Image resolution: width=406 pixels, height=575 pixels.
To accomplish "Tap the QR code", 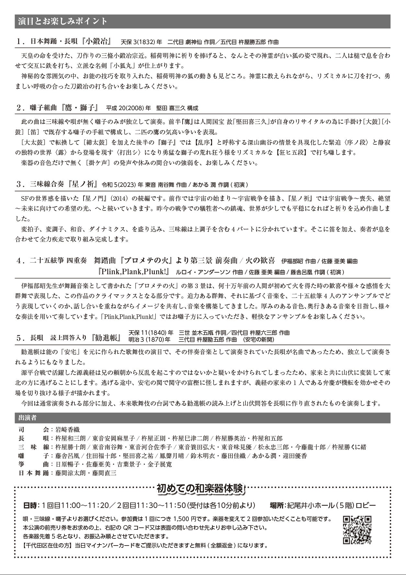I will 357,530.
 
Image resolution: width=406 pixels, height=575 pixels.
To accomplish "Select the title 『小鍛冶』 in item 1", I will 98,42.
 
